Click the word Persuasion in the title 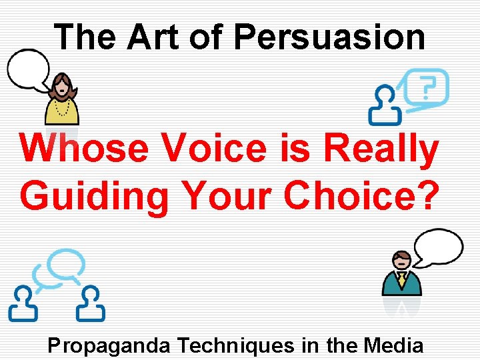(x=329, y=37)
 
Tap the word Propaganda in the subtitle (x=110, y=345)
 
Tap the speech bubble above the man (x=437, y=247)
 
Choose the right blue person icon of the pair (x=90, y=304)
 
